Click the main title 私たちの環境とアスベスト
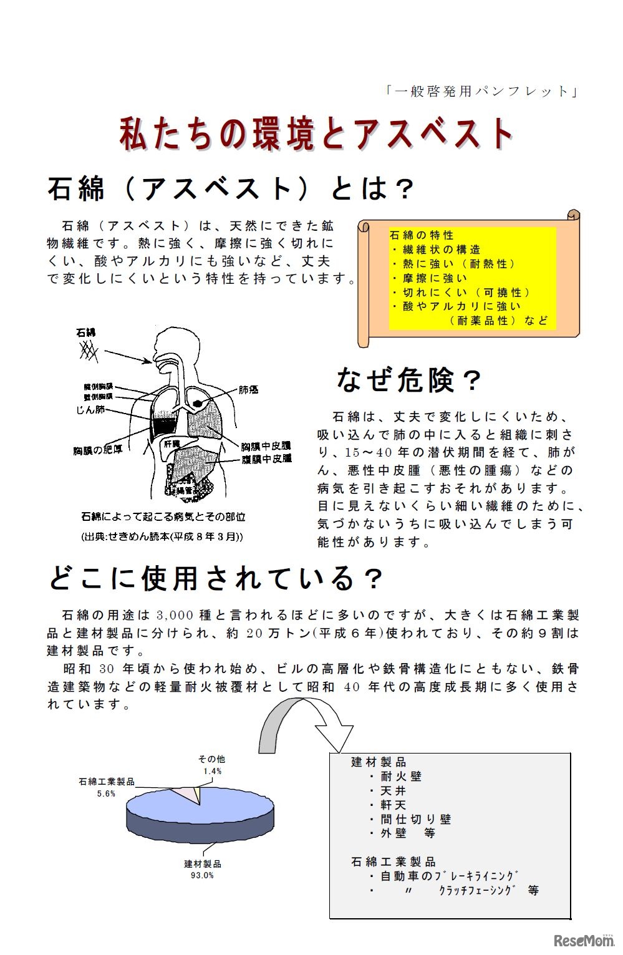coord(316,134)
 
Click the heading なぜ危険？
coord(408,379)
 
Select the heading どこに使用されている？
coord(215,579)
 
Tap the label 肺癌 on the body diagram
coord(248,390)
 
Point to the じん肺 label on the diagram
coord(90,410)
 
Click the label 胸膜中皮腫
coord(266,446)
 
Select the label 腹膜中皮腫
coord(266,458)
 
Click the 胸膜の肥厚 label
coord(98,449)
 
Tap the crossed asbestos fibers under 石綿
coord(89,352)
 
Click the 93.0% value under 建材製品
coord(202,875)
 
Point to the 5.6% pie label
coord(106,793)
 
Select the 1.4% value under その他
coord(212,771)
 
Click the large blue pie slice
coord(200,817)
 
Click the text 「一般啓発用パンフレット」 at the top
coord(481,92)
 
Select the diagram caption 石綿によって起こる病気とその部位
coord(163,517)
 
